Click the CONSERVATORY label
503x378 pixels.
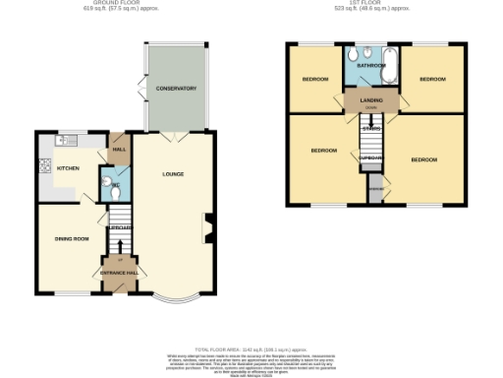pos(176,89)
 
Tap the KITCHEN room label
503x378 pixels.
pos(68,168)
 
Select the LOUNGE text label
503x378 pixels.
pos(173,174)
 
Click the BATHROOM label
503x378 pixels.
pos(370,65)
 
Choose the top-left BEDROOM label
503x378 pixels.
pos(314,79)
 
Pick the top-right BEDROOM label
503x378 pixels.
pos(431,79)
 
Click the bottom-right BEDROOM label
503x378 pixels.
pos(424,158)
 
